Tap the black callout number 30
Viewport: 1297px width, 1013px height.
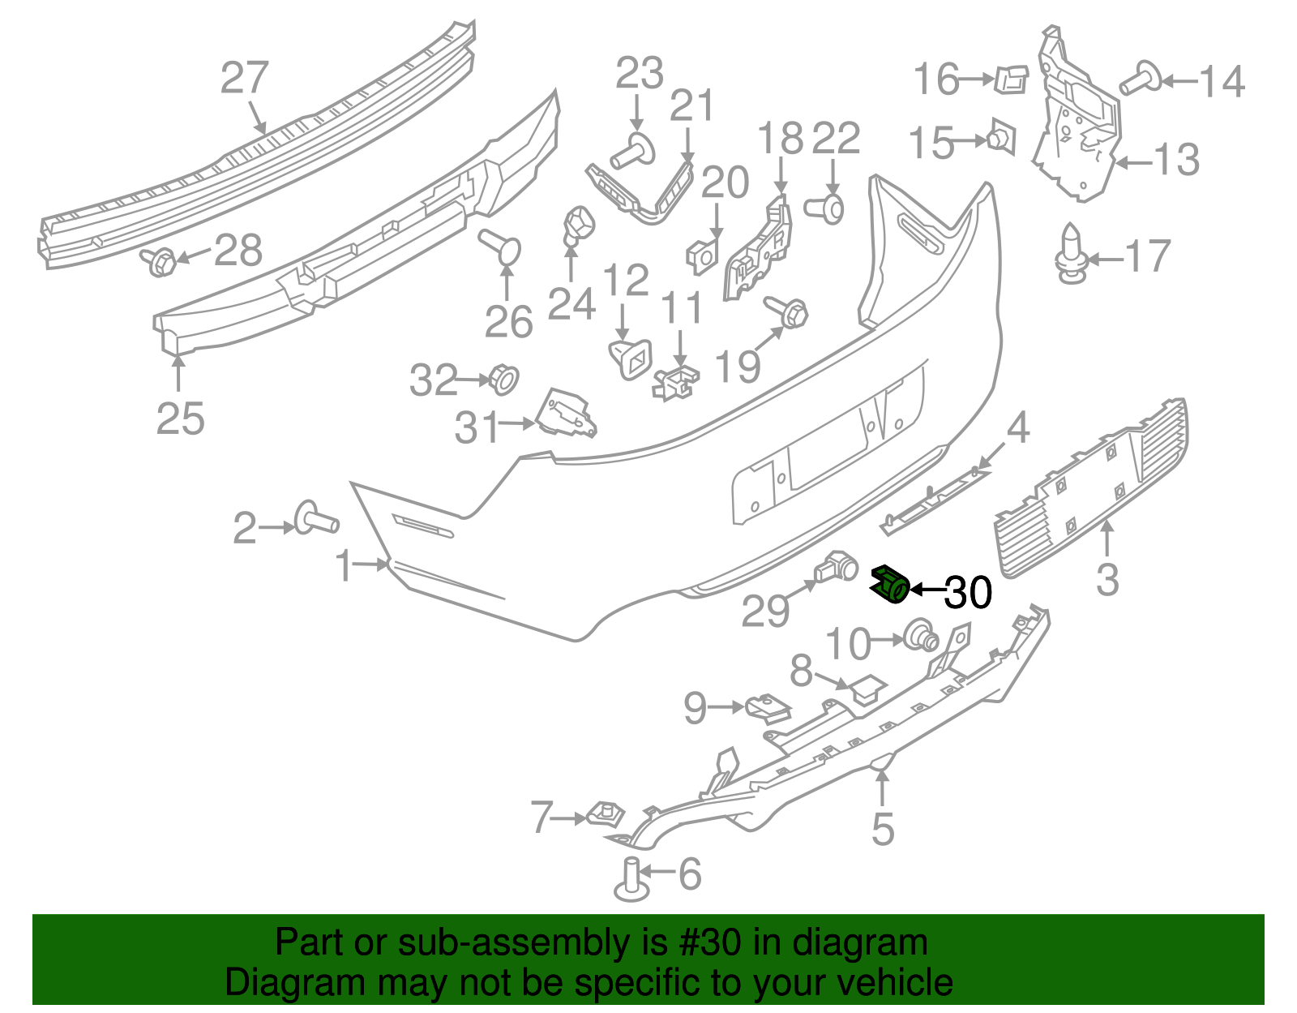968,593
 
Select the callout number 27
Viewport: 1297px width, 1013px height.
244,79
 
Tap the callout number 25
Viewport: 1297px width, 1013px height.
180,419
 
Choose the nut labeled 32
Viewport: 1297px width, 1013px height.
503,379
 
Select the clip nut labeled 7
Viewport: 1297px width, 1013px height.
604,813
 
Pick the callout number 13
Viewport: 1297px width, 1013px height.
1175,160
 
